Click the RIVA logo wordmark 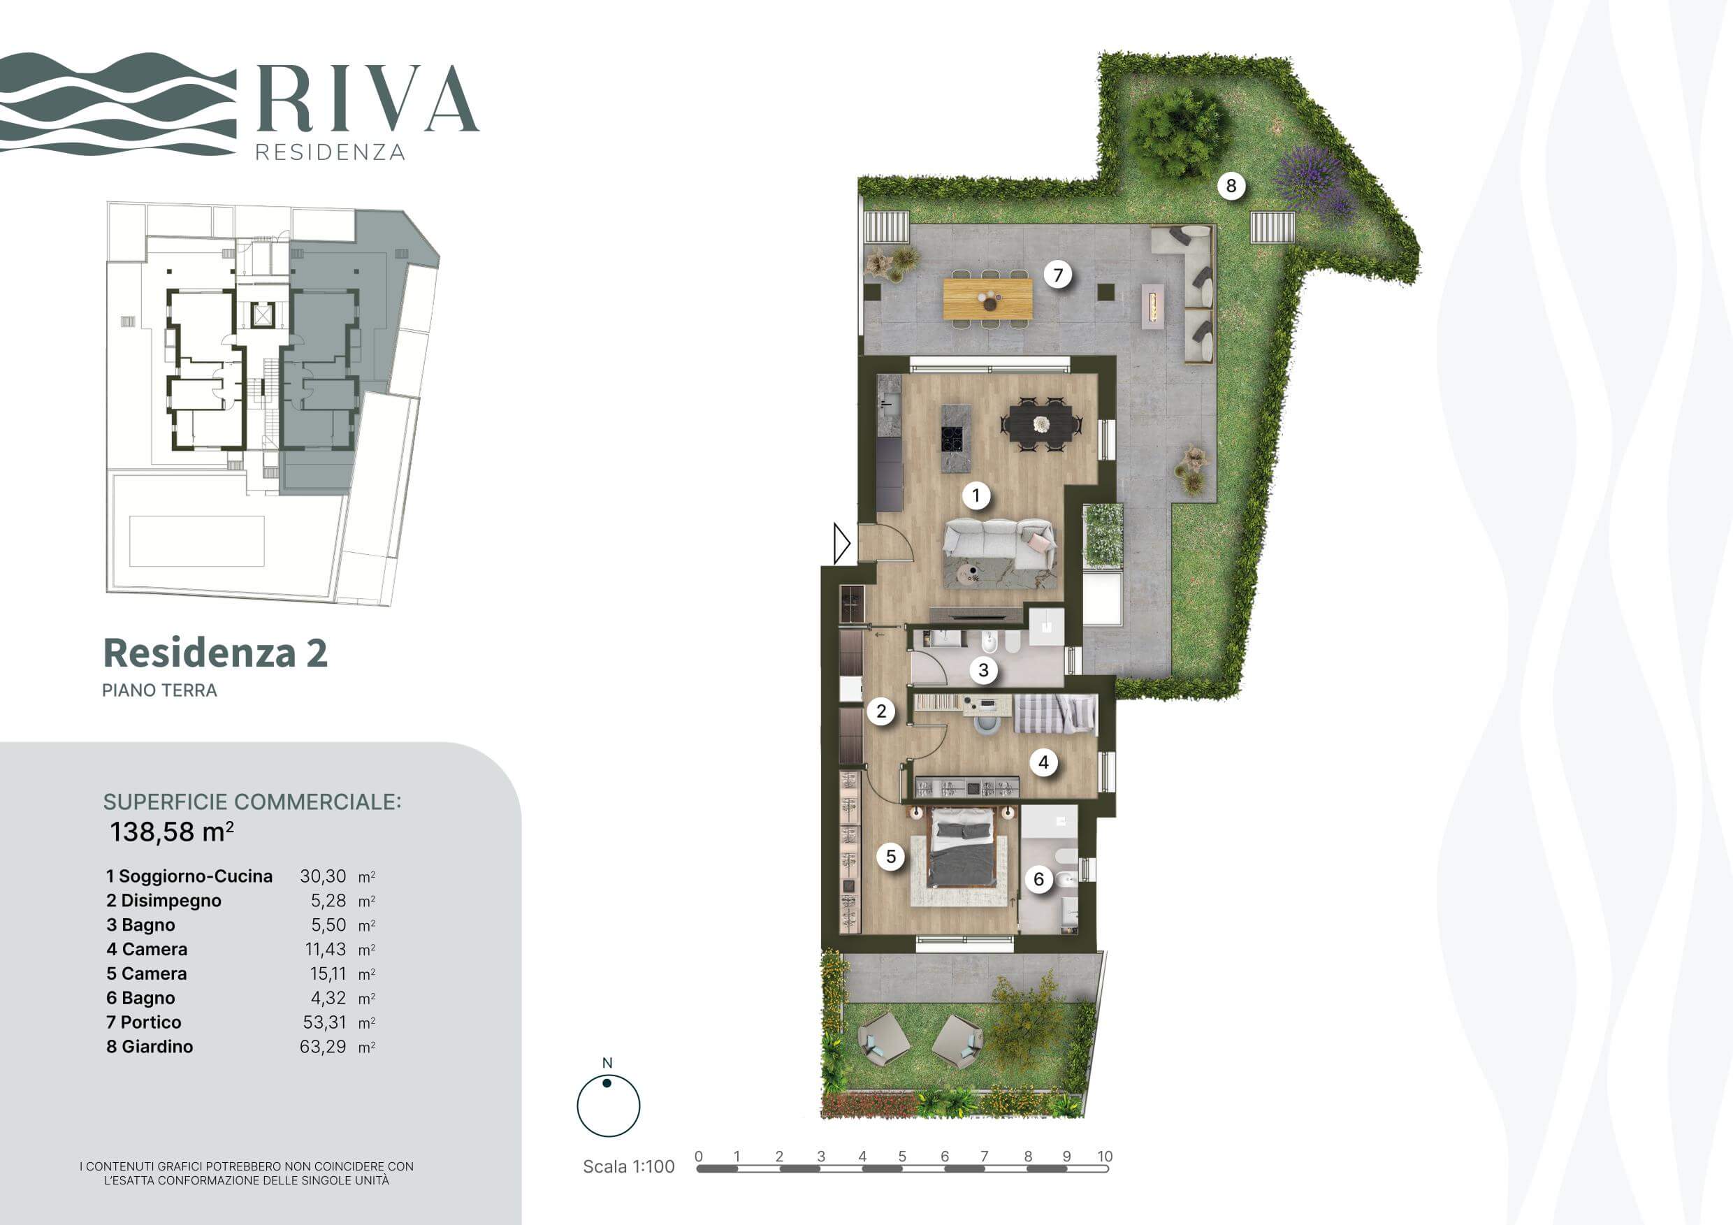click(x=368, y=99)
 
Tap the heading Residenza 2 click(x=215, y=653)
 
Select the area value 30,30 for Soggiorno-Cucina click(x=323, y=876)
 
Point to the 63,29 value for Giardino click(x=323, y=1046)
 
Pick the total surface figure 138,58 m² click(x=171, y=832)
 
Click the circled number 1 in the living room click(x=976, y=496)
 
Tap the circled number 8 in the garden click(x=1231, y=186)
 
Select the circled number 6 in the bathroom click(x=1038, y=879)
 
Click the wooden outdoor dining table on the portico click(x=987, y=298)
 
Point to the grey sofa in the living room click(x=999, y=544)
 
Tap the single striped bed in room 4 click(x=1054, y=714)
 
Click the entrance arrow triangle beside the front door click(x=841, y=543)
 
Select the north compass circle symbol click(x=609, y=1106)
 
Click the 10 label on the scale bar click(x=1105, y=1157)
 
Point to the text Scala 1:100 click(x=629, y=1166)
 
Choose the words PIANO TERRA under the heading click(x=159, y=690)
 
